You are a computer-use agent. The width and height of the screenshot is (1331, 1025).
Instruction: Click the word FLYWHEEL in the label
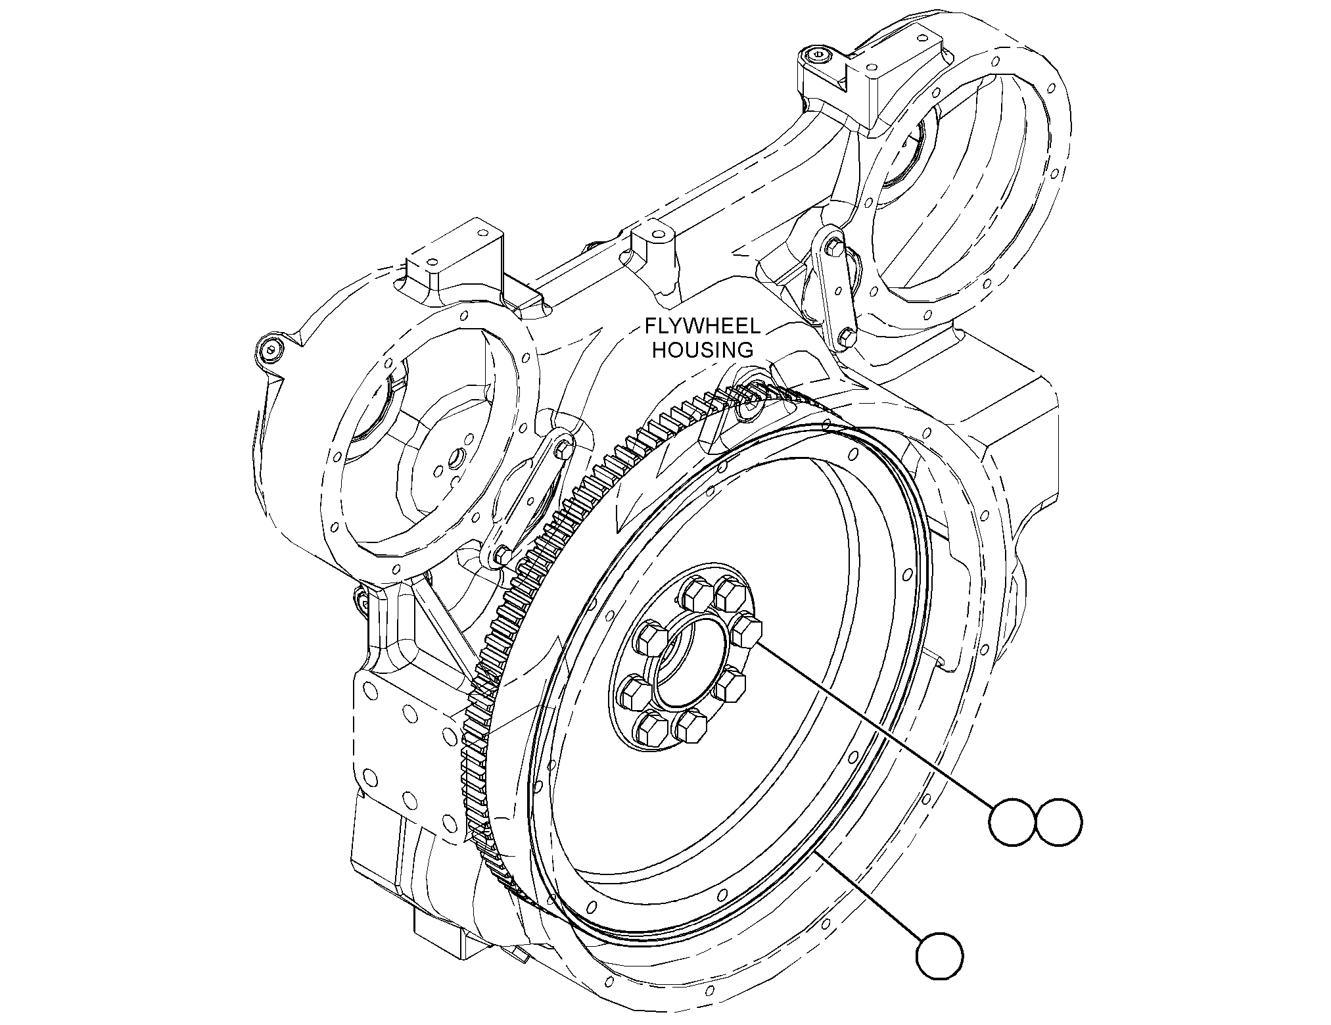tap(702, 326)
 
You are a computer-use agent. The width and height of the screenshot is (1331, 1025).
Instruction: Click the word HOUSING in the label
tap(702, 350)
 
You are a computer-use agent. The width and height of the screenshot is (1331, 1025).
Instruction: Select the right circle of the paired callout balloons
tap(1058, 822)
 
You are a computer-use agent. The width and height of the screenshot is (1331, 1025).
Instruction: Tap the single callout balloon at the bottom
tap(940, 955)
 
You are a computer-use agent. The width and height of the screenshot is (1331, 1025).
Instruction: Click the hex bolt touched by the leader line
tap(746, 630)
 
